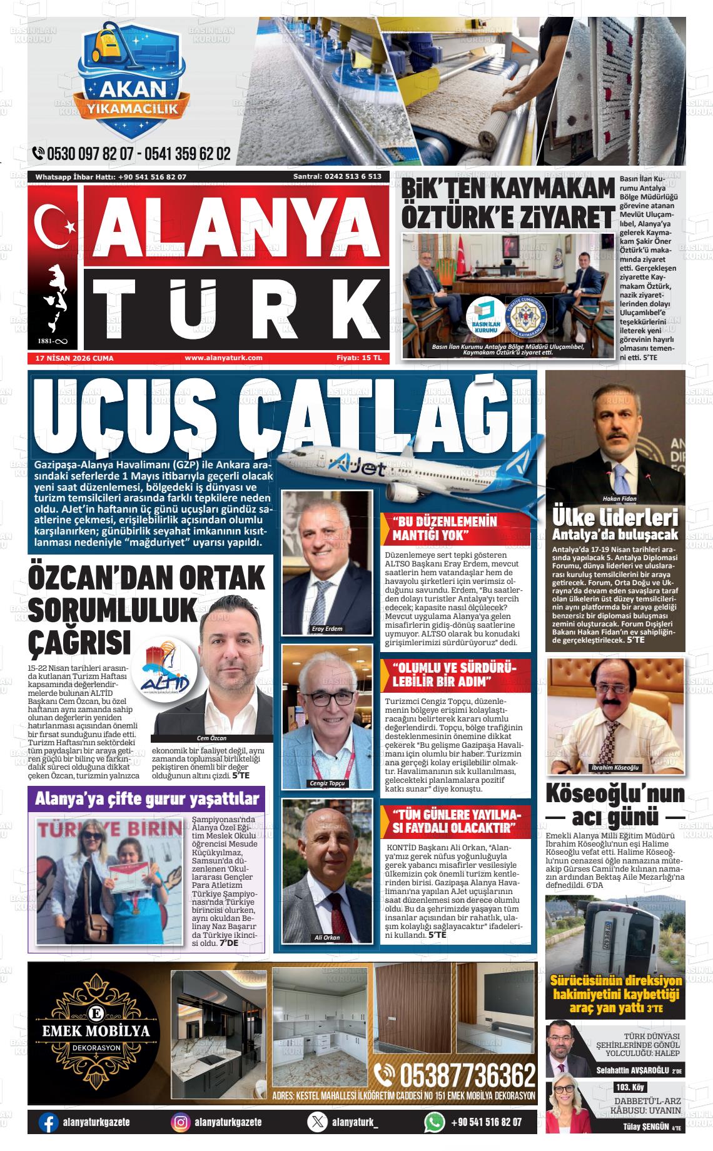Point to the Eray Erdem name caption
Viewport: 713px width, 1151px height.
tap(327, 628)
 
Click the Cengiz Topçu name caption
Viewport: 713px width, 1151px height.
tap(327, 783)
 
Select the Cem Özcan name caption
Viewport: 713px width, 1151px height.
tap(211, 738)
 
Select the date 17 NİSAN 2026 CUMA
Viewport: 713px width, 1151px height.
tap(70, 358)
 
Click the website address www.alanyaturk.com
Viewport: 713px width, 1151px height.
tap(223, 358)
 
